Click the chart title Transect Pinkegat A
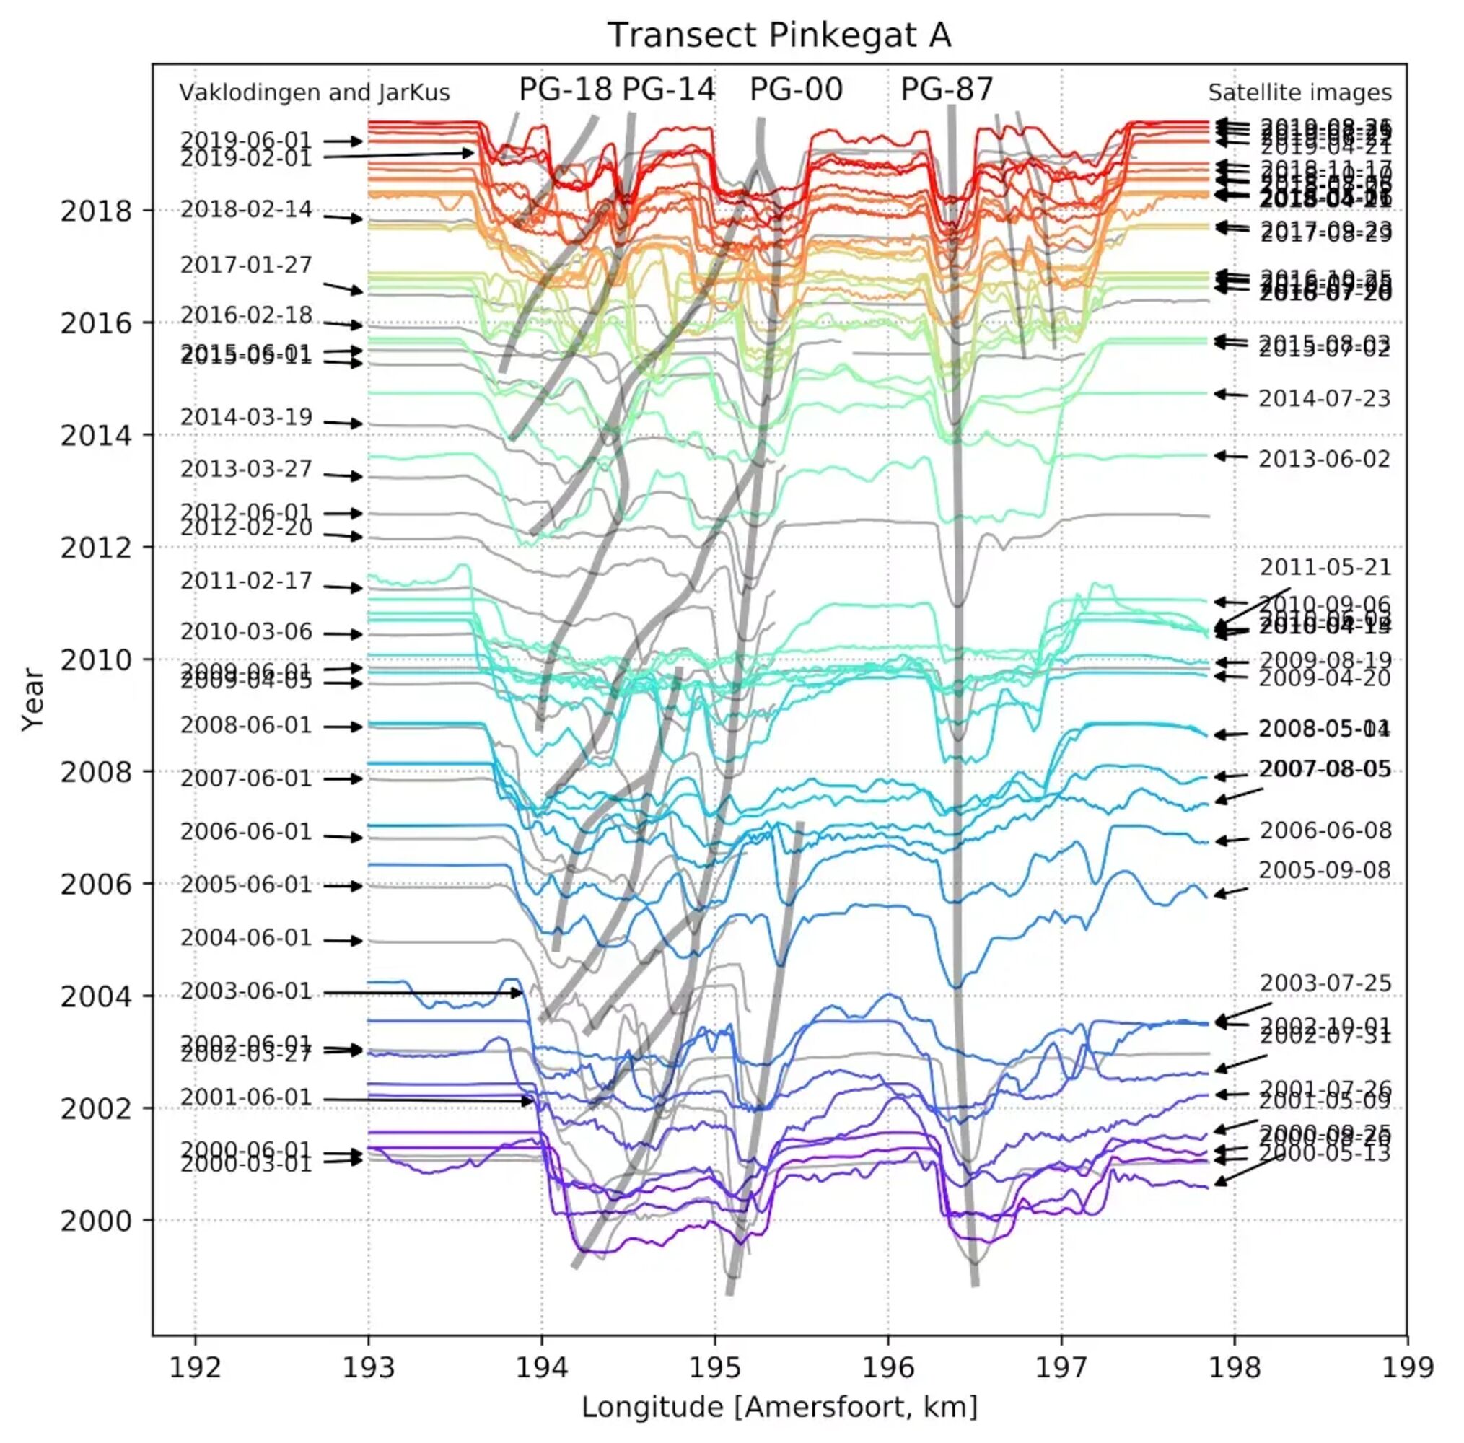pos(779,35)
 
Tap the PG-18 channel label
pos(564,89)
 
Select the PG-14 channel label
pos(668,89)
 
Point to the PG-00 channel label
pos(796,89)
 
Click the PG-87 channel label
pos(947,89)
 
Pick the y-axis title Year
pos(33,698)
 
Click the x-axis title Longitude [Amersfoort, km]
pos(779,1407)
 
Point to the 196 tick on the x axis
pos(888,1367)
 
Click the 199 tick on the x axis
pos(1407,1367)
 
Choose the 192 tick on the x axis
pos(196,1367)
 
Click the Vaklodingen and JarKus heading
pos(314,92)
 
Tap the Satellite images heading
pos(1299,92)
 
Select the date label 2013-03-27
pos(246,469)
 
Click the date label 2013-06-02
pos(1325,460)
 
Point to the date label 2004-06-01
pos(246,938)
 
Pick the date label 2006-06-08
pos(1325,830)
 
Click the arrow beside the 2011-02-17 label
pos(343,587)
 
